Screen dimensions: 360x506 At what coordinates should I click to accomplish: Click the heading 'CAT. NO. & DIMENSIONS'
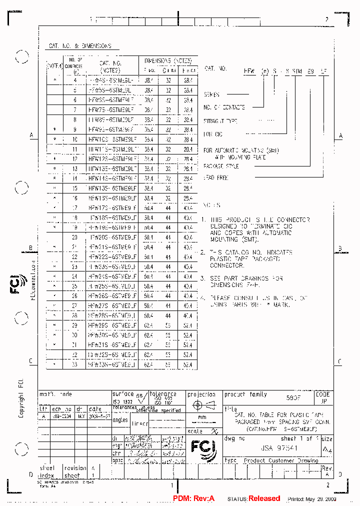click(x=80, y=46)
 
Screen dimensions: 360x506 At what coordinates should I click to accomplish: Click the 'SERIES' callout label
click(x=211, y=94)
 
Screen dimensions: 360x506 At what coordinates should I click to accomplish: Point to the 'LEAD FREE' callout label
click(x=216, y=177)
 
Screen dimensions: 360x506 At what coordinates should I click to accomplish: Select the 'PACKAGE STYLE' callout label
click(x=221, y=166)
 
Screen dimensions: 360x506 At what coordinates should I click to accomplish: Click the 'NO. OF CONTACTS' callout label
click(x=224, y=107)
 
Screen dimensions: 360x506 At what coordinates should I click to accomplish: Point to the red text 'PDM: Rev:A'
click(x=193, y=498)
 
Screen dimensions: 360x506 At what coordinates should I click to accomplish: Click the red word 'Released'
click(x=264, y=498)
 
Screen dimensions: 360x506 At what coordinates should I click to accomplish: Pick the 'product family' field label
click(x=245, y=394)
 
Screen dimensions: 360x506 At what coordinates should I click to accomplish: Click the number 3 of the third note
click(x=202, y=278)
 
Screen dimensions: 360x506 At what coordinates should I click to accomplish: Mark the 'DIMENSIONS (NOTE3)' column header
click(x=168, y=60)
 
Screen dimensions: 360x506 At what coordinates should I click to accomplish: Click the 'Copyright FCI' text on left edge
click(x=21, y=397)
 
